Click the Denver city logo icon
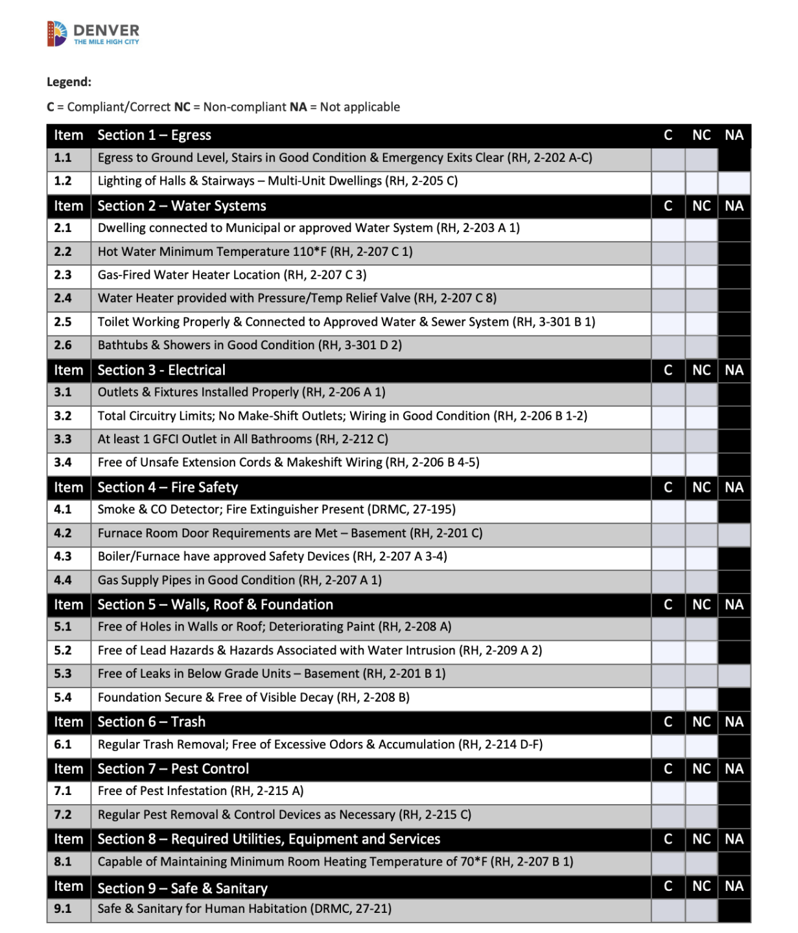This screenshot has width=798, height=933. [x=57, y=34]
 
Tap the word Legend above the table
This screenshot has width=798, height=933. [x=69, y=82]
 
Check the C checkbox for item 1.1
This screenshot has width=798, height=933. [x=668, y=158]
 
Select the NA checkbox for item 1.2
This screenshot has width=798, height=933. [x=734, y=182]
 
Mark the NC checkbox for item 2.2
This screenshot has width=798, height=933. [x=701, y=252]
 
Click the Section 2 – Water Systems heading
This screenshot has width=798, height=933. [x=182, y=206]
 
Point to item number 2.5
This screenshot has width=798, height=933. [x=63, y=322]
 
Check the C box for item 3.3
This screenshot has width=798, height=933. [x=668, y=439]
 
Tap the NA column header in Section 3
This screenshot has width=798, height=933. [x=734, y=371]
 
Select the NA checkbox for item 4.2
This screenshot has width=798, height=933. [x=734, y=534]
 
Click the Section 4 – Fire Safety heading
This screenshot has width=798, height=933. [x=167, y=487]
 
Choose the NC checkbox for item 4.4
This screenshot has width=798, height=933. [x=701, y=581]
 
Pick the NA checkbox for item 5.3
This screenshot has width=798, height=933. [x=734, y=674]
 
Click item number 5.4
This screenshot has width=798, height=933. [x=63, y=698]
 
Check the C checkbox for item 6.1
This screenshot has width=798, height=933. [x=668, y=745]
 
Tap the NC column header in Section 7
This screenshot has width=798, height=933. [x=701, y=769]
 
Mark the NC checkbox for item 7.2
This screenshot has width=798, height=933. [x=701, y=815]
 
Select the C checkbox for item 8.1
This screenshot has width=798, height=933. [x=668, y=862]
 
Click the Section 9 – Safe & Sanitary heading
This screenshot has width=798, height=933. [x=182, y=888]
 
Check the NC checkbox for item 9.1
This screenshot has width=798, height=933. [x=701, y=910]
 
